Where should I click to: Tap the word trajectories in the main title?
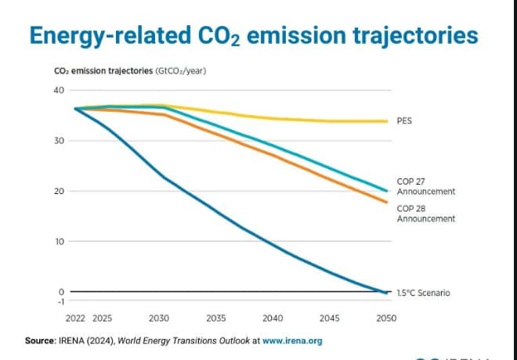tap(412, 36)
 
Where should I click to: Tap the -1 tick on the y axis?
tap(60, 301)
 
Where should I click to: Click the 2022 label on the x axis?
tap(74, 319)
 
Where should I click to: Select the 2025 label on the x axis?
tap(103, 319)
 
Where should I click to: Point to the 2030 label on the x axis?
tap(160, 319)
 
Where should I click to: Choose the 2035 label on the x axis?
tap(216, 319)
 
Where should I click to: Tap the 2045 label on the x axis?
tap(330, 319)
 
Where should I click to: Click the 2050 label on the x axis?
tap(386, 319)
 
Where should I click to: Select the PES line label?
tap(405, 121)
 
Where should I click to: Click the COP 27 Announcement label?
tap(425, 186)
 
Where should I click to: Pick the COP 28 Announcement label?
tap(425, 214)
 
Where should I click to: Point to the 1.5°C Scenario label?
tap(424, 293)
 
